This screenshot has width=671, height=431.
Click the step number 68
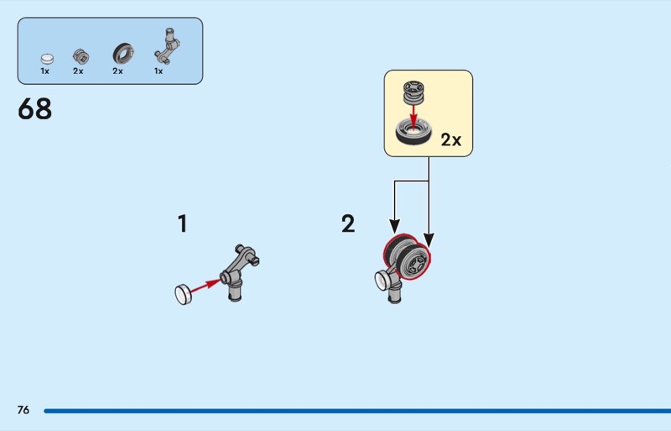34,109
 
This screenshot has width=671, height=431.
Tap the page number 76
23,410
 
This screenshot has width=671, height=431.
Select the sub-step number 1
182,224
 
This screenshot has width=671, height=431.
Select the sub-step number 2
348,224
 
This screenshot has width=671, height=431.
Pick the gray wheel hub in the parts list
80,56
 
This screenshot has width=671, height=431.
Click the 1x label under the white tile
45,71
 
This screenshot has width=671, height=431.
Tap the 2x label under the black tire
117,71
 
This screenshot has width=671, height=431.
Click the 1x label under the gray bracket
158,71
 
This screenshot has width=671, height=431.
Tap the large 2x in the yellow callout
451,140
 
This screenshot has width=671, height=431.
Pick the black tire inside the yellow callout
413,131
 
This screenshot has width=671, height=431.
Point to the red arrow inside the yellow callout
412,111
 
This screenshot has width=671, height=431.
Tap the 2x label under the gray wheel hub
78,71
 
